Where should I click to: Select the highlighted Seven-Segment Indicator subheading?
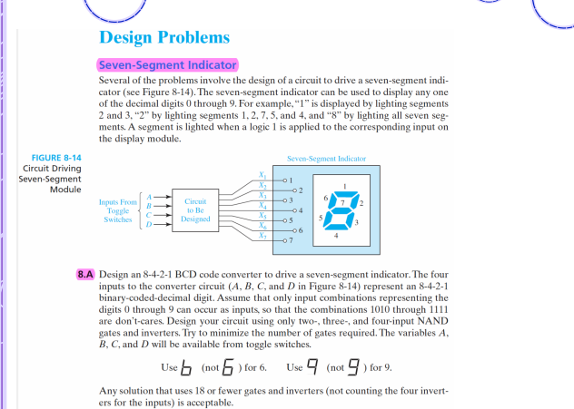(167, 65)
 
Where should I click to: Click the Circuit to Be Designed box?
(195, 211)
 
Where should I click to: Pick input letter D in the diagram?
(150, 228)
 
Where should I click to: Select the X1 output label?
(262, 175)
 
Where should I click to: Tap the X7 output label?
(262, 236)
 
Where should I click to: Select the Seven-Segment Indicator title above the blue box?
(326, 159)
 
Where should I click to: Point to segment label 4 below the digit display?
(337, 236)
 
